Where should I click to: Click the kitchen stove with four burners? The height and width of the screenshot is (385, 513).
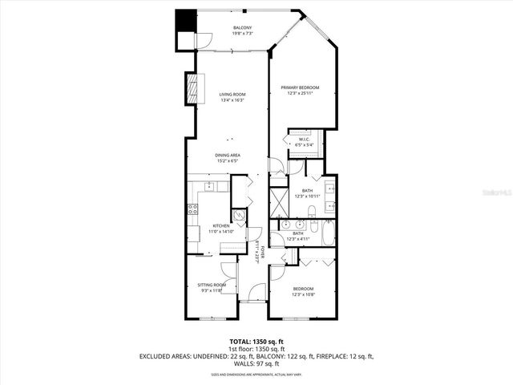[193, 210]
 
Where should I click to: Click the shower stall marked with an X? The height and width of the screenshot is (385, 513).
[278, 198]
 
